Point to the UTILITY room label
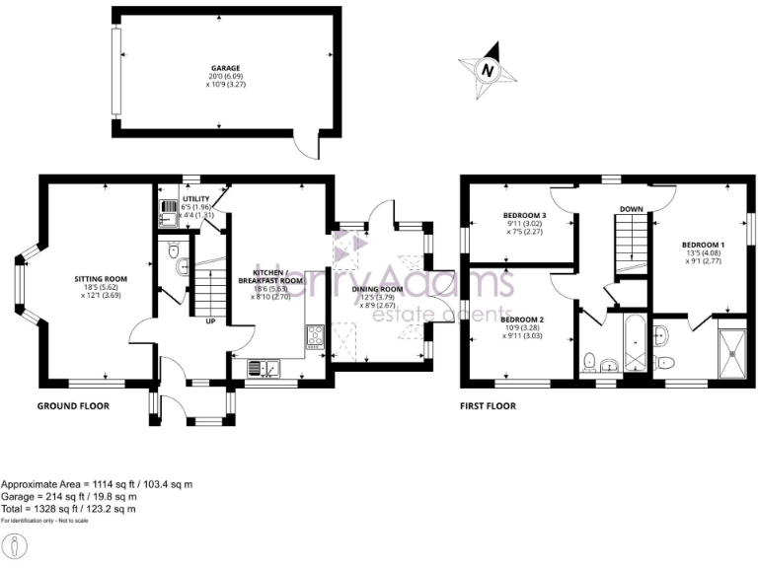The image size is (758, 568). pyautogui.click(x=195, y=198)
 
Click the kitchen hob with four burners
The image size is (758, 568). pyautogui.click(x=315, y=336)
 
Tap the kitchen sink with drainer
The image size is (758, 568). pyautogui.click(x=265, y=369)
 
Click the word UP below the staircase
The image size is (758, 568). pyautogui.click(x=210, y=321)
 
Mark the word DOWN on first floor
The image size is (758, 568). pyautogui.click(x=632, y=208)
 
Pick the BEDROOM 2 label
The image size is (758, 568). pyautogui.click(x=522, y=320)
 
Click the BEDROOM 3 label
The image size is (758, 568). pyautogui.click(x=524, y=215)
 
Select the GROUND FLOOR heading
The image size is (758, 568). pyautogui.click(x=73, y=405)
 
